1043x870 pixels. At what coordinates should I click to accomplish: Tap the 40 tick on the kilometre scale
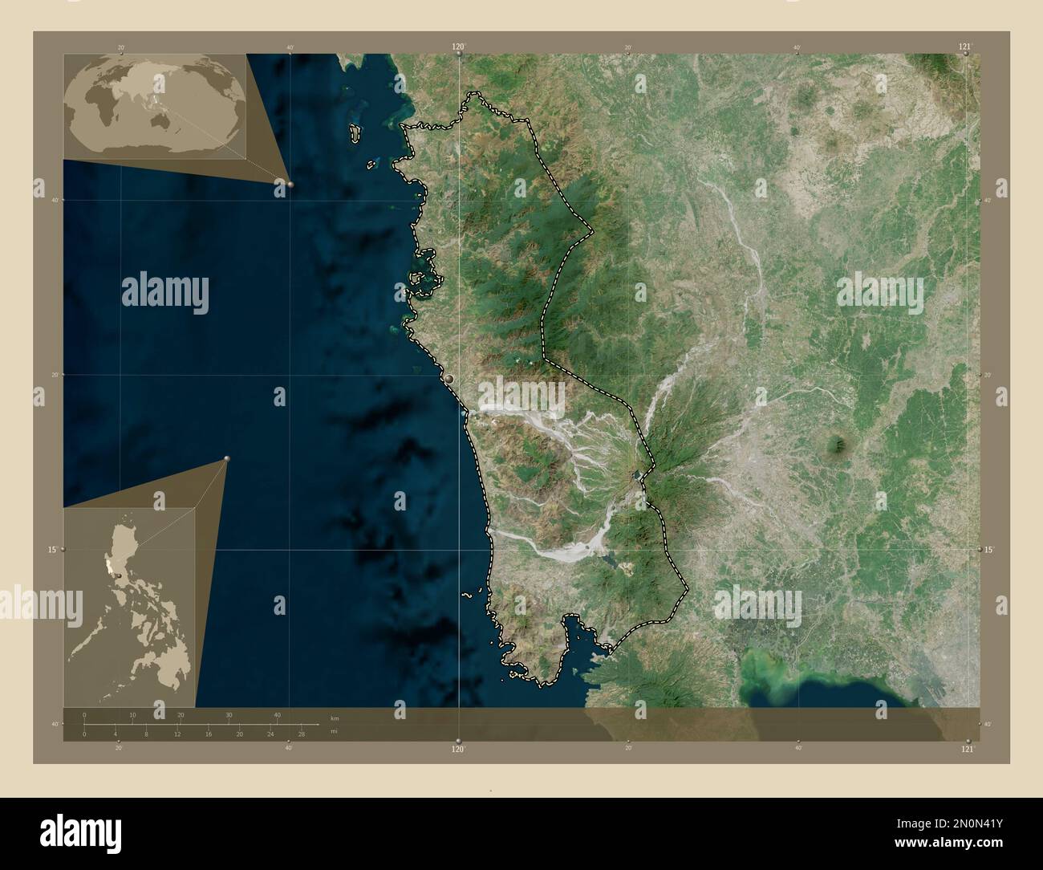pyautogui.click(x=278, y=715)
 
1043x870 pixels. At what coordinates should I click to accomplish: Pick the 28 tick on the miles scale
pyautogui.click(x=301, y=734)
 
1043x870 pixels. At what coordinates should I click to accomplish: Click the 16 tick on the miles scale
pyautogui.click(x=208, y=734)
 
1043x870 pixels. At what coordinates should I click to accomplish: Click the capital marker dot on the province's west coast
pyautogui.click(x=450, y=378)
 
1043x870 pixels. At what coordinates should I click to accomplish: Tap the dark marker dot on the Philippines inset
pyautogui.click(x=119, y=575)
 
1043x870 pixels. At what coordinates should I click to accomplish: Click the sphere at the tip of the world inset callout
pyautogui.click(x=290, y=184)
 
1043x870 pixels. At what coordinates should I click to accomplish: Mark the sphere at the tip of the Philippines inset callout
pyautogui.click(x=227, y=458)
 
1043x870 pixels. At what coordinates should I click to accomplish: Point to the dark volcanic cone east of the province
pyautogui.click(x=840, y=443)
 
